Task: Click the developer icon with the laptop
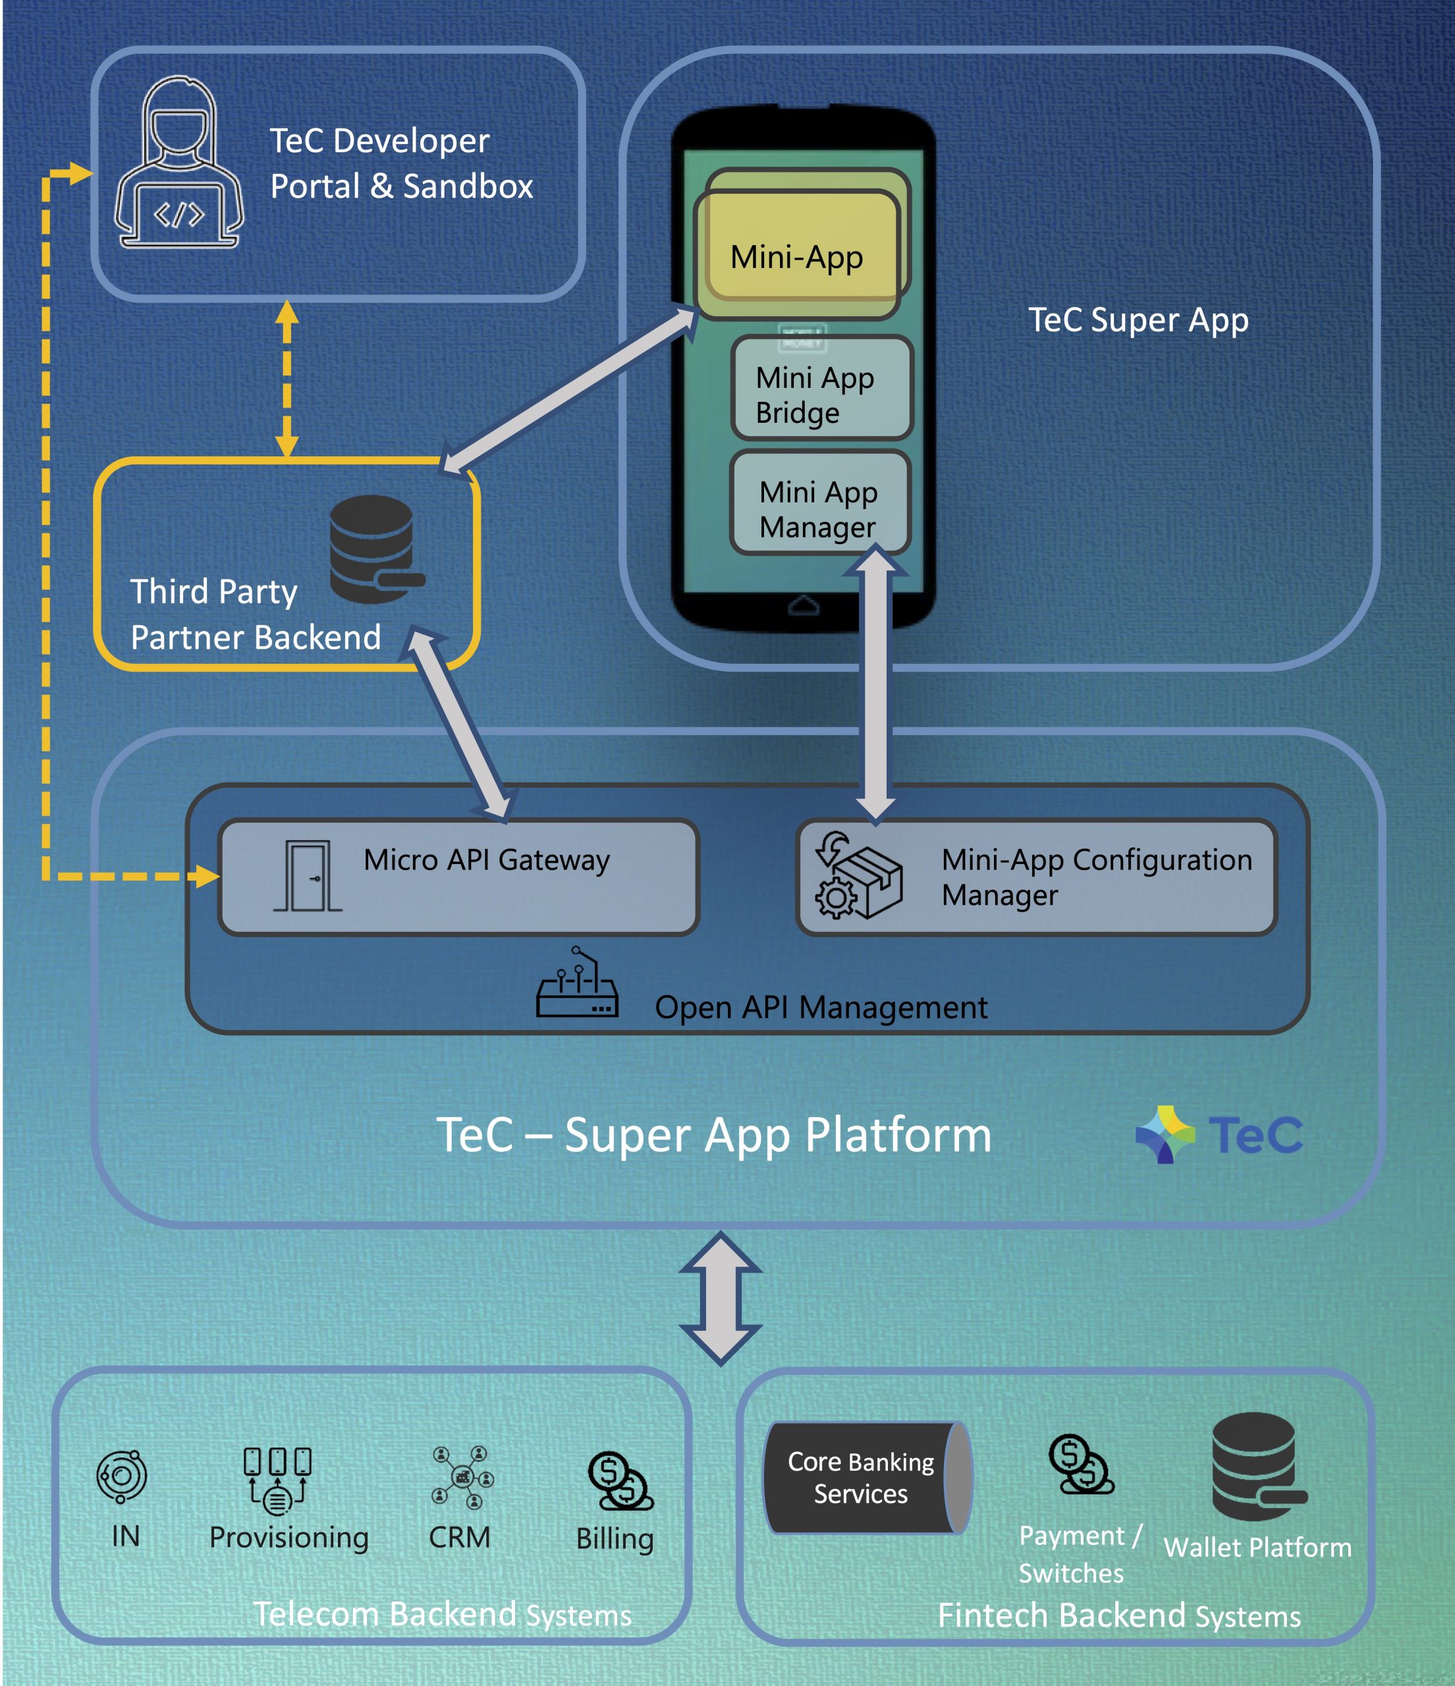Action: (x=179, y=163)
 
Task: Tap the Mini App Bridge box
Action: (x=821, y=388)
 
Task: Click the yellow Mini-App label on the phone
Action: (x=797, y=256)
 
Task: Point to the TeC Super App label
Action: (x=1138, y=320)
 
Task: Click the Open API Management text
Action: (x=820, y=1008)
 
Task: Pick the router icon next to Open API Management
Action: (x=576, y=985)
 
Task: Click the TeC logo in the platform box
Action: (x=1218, y=1133)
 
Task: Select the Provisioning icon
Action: (x=277, y=1479)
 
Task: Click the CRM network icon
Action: (x=462, y=1477)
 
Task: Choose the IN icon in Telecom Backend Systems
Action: (x=121, y=1476)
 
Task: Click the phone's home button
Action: (x=803, y=605)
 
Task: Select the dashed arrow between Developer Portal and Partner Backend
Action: (x=287, y=379)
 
